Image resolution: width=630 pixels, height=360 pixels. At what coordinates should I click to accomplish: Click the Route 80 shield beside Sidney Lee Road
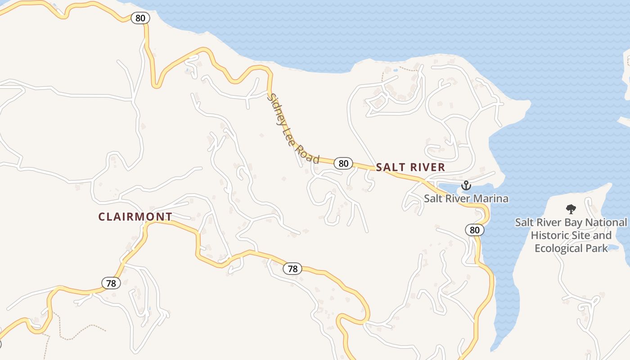click(x=343, y=163)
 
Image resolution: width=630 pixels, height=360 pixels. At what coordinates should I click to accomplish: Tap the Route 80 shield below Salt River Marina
click(x=475, y=230)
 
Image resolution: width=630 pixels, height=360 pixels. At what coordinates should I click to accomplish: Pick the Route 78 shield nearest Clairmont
click(x=111, y=283)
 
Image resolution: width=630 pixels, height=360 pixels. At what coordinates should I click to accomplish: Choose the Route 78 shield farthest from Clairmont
click(x=292, y=269)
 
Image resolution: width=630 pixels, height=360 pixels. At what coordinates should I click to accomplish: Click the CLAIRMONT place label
click(x=135, y=217)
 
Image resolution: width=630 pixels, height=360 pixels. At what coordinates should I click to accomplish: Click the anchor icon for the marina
click(x=466, y=185)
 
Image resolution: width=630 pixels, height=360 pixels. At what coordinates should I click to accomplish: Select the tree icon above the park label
click(x=571, y=209)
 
